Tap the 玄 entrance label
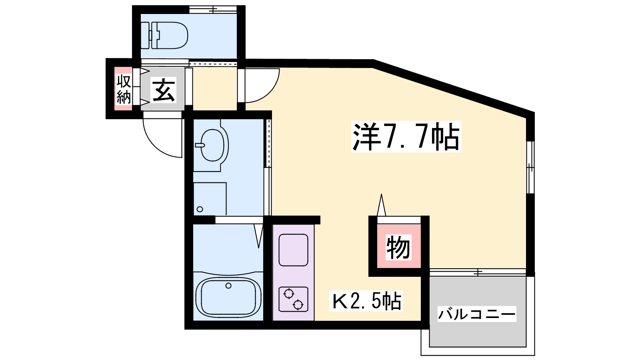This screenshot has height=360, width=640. tap(164, 90)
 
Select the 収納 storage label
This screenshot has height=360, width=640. tap(124, 89)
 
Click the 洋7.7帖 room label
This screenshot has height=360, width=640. tap(406, 136)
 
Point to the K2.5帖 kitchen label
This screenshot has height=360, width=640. tap(366, 301)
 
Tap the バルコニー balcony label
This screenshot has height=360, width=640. tap(477, 314)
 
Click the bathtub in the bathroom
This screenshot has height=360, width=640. tap(228, 297)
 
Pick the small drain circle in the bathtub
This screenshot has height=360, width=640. tap(228, 286)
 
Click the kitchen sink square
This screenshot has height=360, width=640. tap(294, 250)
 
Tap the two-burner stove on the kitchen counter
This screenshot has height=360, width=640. tap(294, 299)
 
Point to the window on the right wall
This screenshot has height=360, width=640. tap(530, 168)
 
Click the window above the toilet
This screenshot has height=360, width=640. tap(213, 10)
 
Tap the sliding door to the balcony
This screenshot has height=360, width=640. tap(478, 272)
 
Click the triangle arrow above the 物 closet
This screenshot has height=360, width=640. tap(381, 205)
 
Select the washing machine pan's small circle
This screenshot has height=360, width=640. tap(200, 209)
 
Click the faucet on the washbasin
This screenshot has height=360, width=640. tap(200, 145)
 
